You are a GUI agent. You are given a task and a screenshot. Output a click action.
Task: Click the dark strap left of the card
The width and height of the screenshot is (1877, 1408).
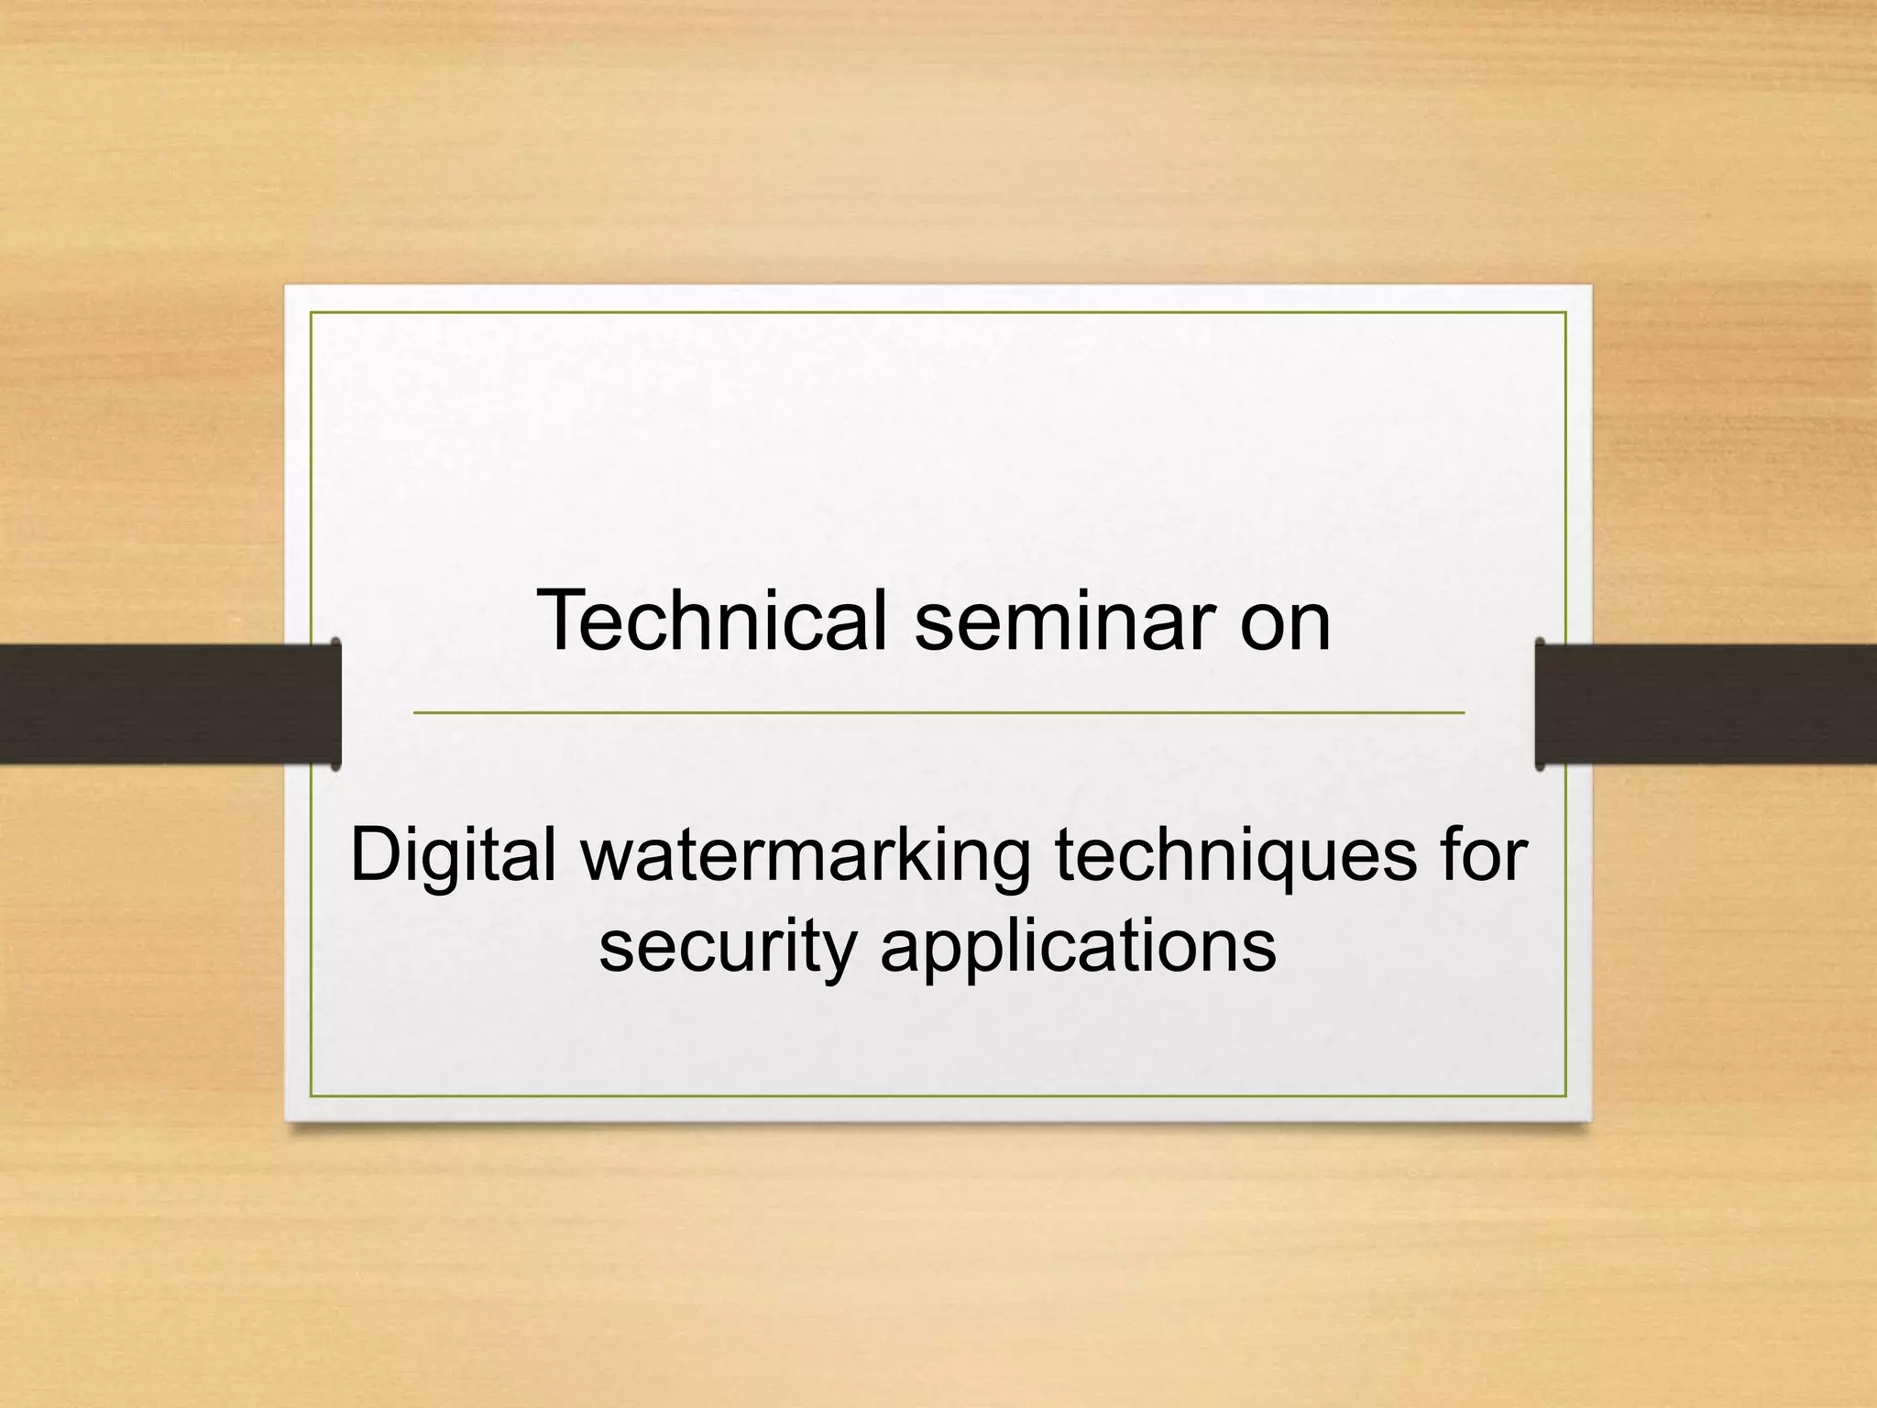(x=165, y=704)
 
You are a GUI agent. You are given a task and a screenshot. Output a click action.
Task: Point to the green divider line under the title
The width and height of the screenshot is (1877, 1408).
(x=938, y=712)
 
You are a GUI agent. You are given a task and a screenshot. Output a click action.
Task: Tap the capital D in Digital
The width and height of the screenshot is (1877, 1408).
(x=377, y=854)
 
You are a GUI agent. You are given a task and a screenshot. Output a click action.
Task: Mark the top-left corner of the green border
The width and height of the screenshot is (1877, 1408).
(x=312, y=313)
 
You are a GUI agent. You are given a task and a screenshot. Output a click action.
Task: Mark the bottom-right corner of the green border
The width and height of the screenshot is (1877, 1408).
(x=1565, y=1095)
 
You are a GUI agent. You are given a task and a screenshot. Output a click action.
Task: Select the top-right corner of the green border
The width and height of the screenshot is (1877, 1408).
(x=1565, y=313)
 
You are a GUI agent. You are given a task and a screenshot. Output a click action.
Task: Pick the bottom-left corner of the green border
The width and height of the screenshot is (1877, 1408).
(x=312, y=1095)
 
